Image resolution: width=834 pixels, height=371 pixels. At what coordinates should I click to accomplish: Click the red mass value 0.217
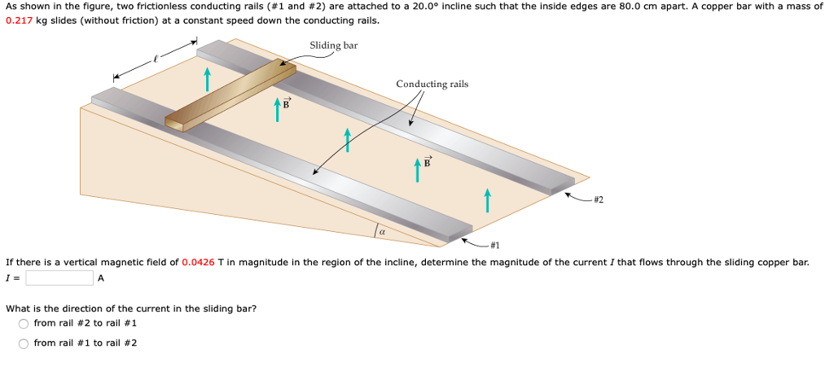pos(19,20)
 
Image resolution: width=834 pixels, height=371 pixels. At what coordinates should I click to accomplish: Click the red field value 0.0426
pos(198,262)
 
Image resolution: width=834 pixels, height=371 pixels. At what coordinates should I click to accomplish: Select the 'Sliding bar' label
pos(333,46)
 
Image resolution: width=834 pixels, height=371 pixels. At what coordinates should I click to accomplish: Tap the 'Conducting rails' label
pos(432,84)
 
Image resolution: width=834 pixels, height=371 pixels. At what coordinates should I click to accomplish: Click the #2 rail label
pos(599,199)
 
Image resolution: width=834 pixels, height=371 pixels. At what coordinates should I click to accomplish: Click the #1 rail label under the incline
pos(495,245)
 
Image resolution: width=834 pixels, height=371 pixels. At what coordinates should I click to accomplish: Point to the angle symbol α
pos(381,233)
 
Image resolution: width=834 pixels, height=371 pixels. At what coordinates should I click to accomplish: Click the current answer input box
pos(59,278)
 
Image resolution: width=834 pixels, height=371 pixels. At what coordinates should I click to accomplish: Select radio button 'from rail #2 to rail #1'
pos(24,323)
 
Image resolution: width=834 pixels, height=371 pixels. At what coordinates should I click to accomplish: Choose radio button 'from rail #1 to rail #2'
pos(24,343)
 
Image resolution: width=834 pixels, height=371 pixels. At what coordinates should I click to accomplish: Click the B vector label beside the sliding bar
pos(286,103)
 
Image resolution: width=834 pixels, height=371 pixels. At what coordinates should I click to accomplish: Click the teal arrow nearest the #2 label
pos(487,199)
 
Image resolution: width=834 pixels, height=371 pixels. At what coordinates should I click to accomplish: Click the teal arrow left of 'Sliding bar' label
pos(207,79)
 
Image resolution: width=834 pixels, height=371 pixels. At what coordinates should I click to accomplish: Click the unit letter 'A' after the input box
pos(101,278)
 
